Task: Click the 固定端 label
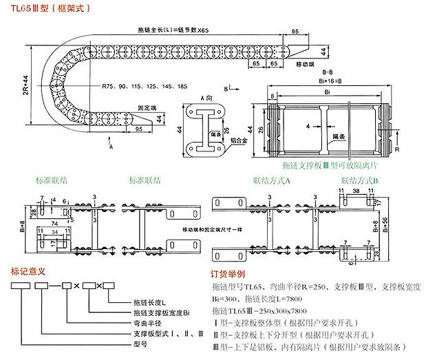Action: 128,108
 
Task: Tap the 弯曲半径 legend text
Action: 145,322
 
